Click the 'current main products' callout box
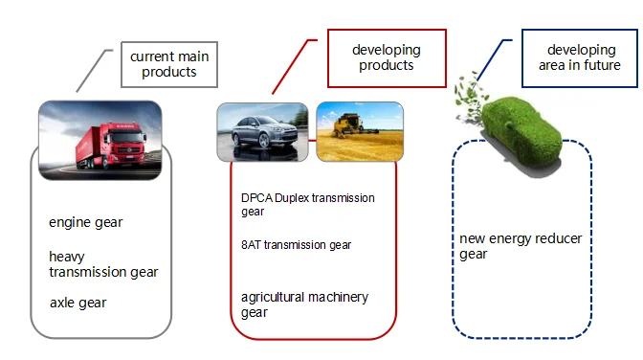pos(169,64)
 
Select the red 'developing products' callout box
pos(387,57)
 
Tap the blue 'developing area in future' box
pos(580,57)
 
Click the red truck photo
pos(100,140)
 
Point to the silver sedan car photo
pos(262,132)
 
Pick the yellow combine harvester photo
pos(360,131)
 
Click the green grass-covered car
pos(521,132)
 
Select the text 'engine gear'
pos(86,222)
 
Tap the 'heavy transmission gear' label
pos(103,264)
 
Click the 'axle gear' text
pos(78,303)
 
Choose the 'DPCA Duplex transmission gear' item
pos(307,205)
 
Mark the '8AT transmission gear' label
pos(296,245)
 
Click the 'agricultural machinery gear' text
pos(304,304)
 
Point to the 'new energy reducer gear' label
pos(521,246)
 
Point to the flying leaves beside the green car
pos(470,99)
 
